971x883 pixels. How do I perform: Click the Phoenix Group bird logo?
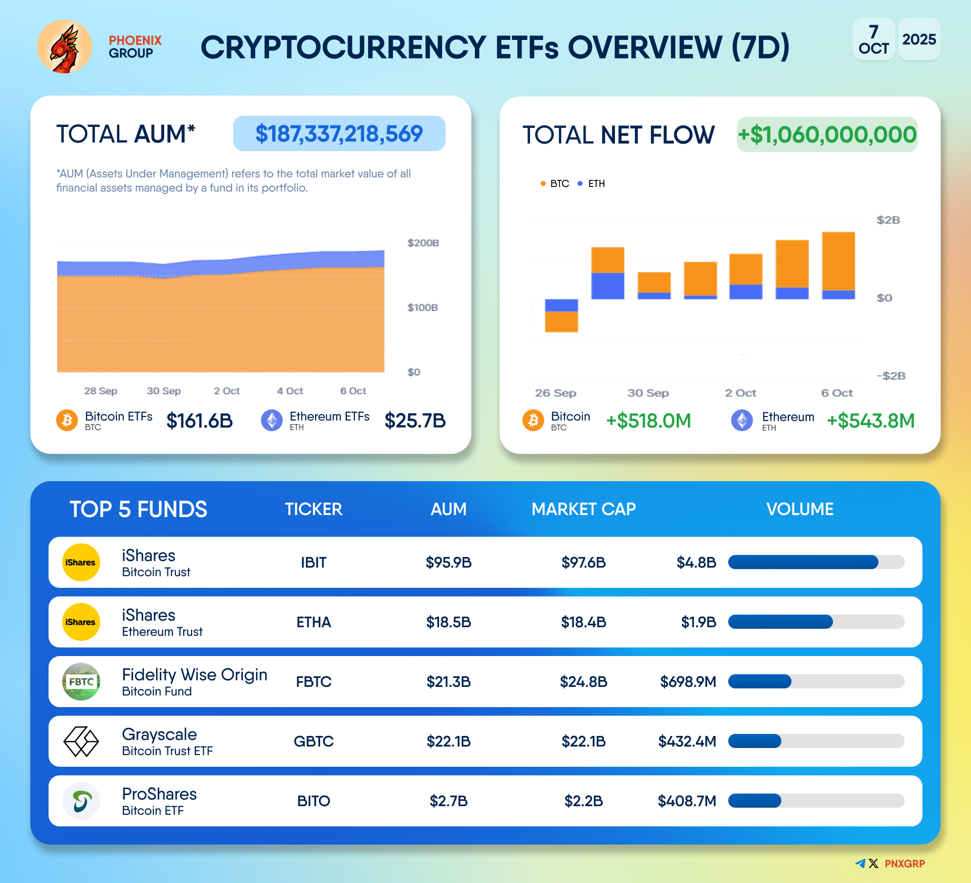(x=64, y=47)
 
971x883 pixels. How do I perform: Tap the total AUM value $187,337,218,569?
(x=339, y=133)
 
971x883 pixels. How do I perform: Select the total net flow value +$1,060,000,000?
(x=827, y=134)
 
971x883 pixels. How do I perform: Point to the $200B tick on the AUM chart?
(x=423, y=243)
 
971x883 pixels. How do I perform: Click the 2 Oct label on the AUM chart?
(x=227, y=391)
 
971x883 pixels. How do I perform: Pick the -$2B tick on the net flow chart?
(x=891, y=376)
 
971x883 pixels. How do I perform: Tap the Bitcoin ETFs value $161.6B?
(x=199, y=421)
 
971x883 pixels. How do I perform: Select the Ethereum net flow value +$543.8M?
(x=870, y=421)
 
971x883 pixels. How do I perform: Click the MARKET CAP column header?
(x=584, y=509)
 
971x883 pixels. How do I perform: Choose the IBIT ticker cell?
(x=314, y=562)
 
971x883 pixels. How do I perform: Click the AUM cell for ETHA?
(x=449, y=622)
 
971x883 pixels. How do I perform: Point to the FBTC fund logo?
(x=81, y=681)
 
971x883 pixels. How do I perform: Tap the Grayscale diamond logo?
(x=81, y=741)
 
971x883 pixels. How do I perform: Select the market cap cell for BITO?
(x=584, y=801)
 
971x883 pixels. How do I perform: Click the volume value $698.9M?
(x=688, y=681)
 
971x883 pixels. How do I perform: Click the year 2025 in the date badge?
(x=919, y=39)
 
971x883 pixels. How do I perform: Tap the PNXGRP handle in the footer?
(x=904, y=863)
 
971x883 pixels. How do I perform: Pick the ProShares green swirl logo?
(x=81, y=801)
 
